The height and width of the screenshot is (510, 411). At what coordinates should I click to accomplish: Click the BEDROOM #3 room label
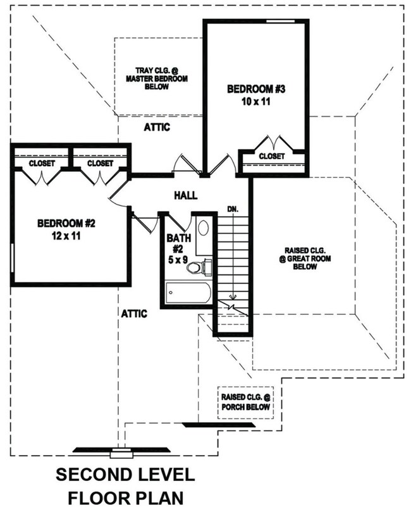click(x=257, y=89)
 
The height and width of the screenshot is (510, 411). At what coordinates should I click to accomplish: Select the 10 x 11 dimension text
click(x=257, y=101)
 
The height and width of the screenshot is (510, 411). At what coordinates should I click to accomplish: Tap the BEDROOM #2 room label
click(x=66, y=223)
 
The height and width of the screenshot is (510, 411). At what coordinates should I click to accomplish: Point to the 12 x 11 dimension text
click(x=66, y=236)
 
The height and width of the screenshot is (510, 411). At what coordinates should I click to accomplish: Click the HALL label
click(x=185, y=196)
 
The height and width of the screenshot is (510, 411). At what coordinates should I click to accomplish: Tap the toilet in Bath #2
click(x=196, y=267)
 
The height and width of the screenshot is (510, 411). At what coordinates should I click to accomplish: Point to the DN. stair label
click(x=233, y=209)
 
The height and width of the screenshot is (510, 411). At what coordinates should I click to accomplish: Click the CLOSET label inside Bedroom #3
click(x=272, y=155)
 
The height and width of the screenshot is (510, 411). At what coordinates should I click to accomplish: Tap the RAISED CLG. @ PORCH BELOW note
click(x=245, y=402)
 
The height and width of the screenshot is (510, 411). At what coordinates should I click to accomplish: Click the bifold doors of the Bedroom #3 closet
click(x=271, y=142)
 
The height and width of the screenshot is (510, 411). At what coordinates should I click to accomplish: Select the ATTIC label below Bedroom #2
click(x=134, y=313)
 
